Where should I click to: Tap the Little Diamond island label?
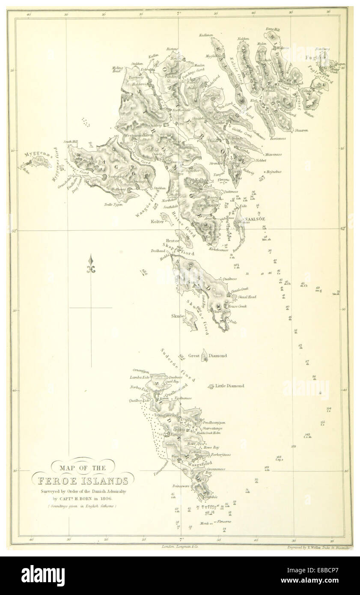229,386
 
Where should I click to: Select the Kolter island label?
156,222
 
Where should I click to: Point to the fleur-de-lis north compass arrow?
90,265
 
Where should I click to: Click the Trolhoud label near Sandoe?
158,250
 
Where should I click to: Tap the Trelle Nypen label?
113,205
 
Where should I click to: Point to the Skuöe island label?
177,316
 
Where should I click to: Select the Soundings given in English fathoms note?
82,506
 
